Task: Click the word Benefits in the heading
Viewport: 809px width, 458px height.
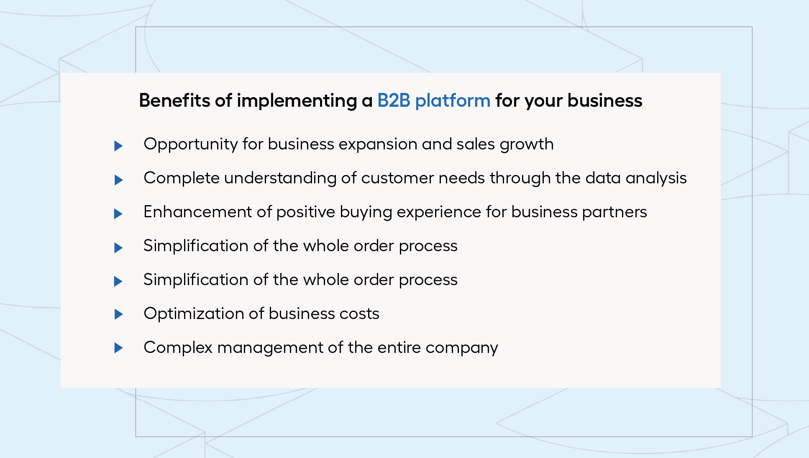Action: point(174,100)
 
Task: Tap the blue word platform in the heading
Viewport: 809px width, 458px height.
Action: point(453,101)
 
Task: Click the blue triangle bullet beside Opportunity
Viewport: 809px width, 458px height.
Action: point(118,146)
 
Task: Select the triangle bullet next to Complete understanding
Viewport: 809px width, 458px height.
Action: point(118,180)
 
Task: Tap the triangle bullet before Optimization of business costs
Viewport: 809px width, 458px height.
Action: point(118,314)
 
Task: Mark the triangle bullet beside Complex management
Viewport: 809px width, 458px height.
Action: point(118,347)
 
